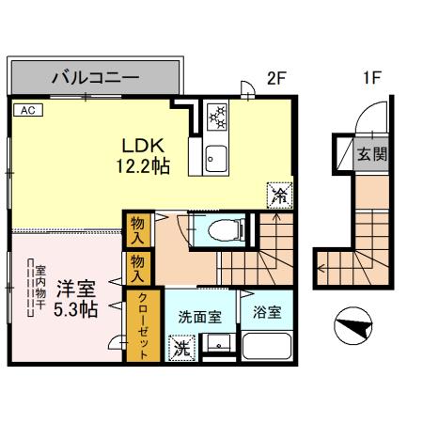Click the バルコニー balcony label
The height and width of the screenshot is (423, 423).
[95, 77]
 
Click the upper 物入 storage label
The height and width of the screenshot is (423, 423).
[137, 229]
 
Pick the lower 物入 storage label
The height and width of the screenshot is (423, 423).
[137, 273]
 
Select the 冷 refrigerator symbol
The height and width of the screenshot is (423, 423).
[279, 194]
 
